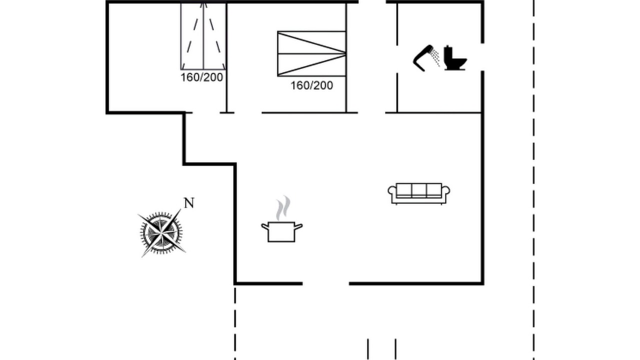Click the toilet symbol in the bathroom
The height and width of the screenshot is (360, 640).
(x=454, y=58)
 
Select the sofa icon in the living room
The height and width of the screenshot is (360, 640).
(x=419, y=193)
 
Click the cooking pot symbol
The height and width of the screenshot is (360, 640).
(x=281, y=231)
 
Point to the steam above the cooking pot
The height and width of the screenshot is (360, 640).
(x=283, y=207)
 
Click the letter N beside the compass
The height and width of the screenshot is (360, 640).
(x=189, y=203)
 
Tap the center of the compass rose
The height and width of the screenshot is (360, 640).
(x=161, y=233)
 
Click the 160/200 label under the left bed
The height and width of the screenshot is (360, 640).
(x=201, y=77)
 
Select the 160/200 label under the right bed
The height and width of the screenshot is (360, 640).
(x=311, y=85)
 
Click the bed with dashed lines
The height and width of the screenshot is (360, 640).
(x=203, y=36)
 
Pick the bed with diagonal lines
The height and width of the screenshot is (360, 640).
(x=311, y=53)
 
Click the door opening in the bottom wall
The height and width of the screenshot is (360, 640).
(x=325, y=283)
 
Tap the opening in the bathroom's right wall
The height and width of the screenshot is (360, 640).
(x=482, y=57)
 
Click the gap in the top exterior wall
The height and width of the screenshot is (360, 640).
(x=372, y=2)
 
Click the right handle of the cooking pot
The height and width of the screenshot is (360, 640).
(x=298, y=226)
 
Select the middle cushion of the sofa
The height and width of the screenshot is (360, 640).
(x=419, y=189)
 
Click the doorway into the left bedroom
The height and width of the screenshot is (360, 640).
(x=206, y=112)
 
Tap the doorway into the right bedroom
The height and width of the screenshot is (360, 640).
(x=248, y=112)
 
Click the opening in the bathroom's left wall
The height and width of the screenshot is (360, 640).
(x=397, y=59)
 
